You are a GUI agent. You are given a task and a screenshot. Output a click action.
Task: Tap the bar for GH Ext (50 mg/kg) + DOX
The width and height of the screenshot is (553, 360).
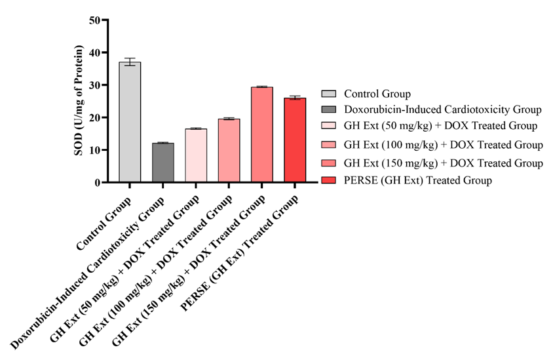click(196, 155)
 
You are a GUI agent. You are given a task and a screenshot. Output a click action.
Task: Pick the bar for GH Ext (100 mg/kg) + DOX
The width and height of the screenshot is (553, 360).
click(229, 150)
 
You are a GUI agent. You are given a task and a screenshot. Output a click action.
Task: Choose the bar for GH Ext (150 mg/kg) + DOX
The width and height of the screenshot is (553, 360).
click(262, 134)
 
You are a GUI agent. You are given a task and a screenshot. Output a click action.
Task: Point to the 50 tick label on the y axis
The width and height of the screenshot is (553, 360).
click(95, 20)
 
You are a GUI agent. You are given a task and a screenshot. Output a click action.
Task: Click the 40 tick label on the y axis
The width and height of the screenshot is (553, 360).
click(95, 52)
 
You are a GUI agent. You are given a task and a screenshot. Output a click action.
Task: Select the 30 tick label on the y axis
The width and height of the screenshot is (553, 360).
click(95, 85)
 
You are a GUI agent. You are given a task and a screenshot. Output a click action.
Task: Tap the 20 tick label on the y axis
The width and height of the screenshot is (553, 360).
click(95, 117)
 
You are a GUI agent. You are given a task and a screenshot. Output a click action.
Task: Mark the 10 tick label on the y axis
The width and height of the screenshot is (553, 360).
click(95, 150)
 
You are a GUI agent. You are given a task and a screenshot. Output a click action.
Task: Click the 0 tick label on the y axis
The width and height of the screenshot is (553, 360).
click(98, 182)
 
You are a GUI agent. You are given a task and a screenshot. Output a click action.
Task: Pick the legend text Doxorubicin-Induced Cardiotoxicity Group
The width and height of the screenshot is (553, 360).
click(442, 109)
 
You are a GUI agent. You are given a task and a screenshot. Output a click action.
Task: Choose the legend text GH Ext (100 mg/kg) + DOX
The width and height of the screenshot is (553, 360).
click(443, 144)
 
